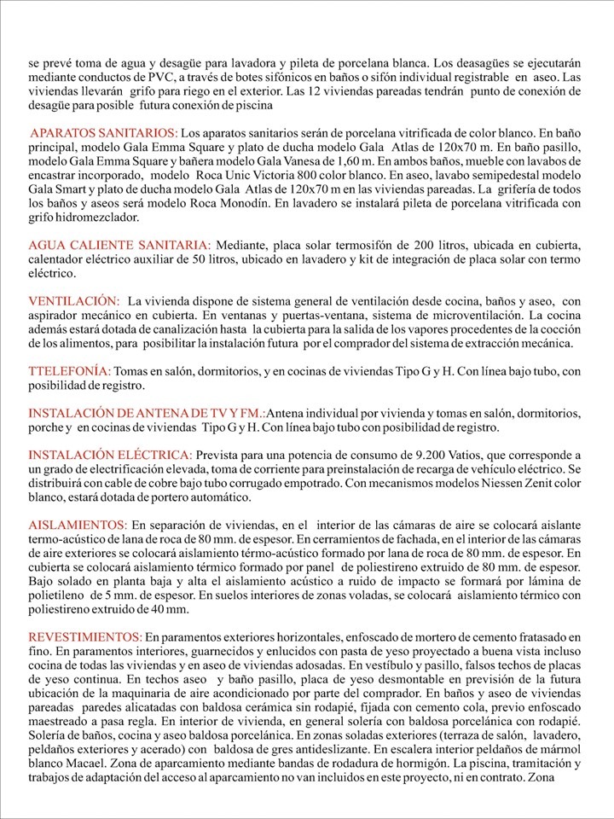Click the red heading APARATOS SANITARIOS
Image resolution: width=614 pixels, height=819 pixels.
[x=104, y=133]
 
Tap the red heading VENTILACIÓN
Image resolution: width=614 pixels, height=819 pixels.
[x=74, y=301]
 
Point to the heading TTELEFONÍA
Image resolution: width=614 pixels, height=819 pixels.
[x=69, y=370]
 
